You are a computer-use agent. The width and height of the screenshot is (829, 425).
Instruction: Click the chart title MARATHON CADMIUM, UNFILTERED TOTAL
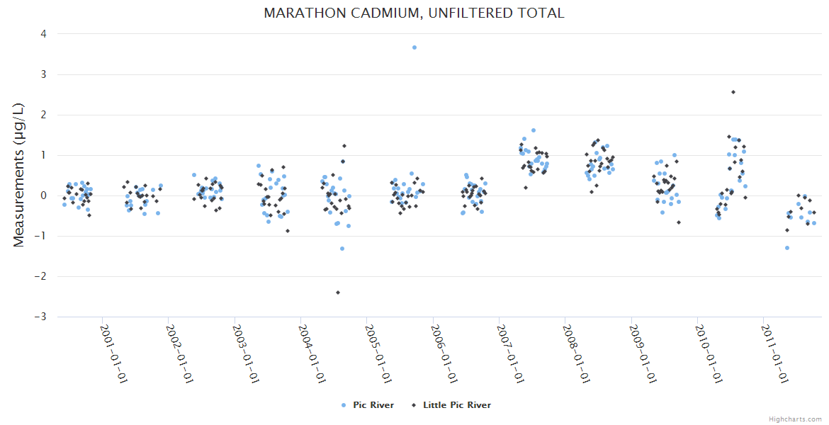coord(414,13)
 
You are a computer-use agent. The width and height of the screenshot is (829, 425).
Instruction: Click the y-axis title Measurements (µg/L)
coord(19,175)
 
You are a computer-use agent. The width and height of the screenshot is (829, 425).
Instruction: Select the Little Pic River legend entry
coord(456,405)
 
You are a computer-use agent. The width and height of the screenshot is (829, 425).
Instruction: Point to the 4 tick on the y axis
coord(44,34)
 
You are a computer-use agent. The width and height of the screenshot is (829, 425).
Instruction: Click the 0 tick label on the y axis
coord(44,195)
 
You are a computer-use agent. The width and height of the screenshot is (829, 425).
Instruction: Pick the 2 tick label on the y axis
coord(44,115)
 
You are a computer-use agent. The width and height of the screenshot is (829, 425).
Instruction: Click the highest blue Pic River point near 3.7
coord(414,47)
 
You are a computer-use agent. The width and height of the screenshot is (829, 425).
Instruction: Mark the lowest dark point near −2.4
coord(338,293)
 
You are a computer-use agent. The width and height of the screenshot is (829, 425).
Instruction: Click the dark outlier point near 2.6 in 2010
coord(733,92)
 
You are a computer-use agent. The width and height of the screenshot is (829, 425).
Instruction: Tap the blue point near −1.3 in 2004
coord(342,249)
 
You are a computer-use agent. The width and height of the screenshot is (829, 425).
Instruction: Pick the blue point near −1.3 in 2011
coord(787,248)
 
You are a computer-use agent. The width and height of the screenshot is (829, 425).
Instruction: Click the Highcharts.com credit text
coord(795,419)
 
